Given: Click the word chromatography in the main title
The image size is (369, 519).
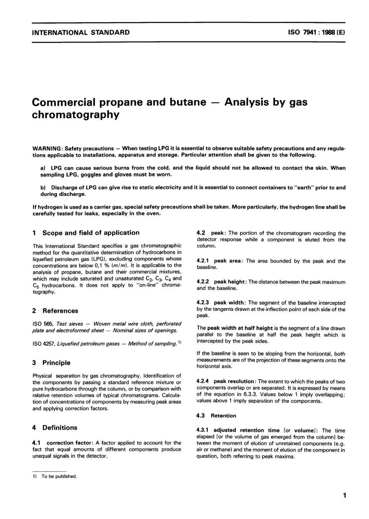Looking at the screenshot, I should point(76,115).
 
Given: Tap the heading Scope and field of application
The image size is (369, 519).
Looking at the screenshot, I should point(91,233).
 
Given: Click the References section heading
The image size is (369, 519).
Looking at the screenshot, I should point(60,311).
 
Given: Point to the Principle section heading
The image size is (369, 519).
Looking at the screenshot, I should point(56,363).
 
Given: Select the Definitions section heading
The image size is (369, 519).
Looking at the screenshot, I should point(59,428).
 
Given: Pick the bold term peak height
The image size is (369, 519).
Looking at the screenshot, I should point(230,282).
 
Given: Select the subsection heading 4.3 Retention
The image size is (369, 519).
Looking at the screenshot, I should point(216,416).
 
